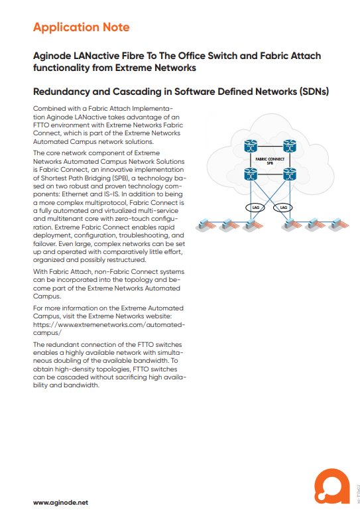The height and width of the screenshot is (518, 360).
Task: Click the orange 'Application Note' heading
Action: (x=82, y=27)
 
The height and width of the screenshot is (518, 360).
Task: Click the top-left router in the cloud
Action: (x=251, y=146)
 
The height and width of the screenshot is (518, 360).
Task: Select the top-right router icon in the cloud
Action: (x=290, y=146)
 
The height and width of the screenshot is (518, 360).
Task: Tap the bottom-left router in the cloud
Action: (x=251, y=174)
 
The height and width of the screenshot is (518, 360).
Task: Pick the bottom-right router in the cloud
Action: (x=290, y=174)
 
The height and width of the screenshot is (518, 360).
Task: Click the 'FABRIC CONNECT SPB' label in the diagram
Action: (x=270, y=161)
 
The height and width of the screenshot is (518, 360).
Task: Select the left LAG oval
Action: (x=255, y=208)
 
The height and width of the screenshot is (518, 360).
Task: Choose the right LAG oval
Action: (x=283, y=208)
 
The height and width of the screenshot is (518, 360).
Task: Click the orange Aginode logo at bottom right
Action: (x=332, y=486)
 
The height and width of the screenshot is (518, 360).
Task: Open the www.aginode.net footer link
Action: (x=60, y=503)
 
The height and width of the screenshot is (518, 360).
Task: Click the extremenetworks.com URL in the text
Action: (x=109, y=329)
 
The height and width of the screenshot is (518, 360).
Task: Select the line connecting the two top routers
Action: (x=270, y=146)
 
